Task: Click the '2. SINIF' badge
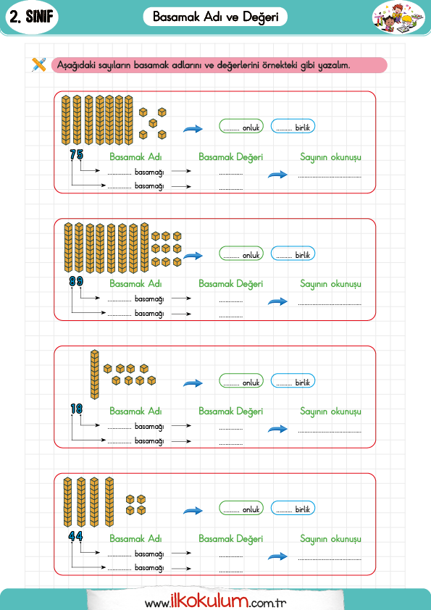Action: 32,17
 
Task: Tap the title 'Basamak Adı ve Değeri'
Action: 216,17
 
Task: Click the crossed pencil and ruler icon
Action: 39,64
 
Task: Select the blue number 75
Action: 77,154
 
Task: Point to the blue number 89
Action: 76,281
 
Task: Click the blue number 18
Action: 77,409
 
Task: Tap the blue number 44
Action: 75,536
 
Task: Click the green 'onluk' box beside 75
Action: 241,126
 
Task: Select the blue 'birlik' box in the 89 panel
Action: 293,254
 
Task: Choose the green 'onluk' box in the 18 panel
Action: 241,381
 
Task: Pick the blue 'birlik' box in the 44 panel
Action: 293,508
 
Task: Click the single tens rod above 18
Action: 94,375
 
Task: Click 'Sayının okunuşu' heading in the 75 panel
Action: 330,157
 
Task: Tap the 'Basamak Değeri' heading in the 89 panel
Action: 230,284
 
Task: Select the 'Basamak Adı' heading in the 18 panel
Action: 135,411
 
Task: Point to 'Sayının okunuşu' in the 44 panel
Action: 330,539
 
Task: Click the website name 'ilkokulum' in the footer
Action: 209,601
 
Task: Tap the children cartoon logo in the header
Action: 398,17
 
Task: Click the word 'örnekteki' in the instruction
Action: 280,65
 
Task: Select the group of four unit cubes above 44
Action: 135,504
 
